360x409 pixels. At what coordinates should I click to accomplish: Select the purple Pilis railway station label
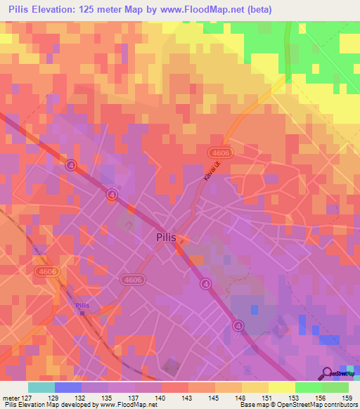tap(82, 305)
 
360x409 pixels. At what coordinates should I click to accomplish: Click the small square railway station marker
tap(82, 313)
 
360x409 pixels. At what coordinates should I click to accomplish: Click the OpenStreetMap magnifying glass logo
tap(328, 374)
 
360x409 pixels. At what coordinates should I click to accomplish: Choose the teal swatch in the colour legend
tap(41, 387)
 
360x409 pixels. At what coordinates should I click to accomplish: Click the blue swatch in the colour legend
tap(67, 387)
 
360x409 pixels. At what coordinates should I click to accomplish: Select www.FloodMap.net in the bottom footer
tap(128, 405)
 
